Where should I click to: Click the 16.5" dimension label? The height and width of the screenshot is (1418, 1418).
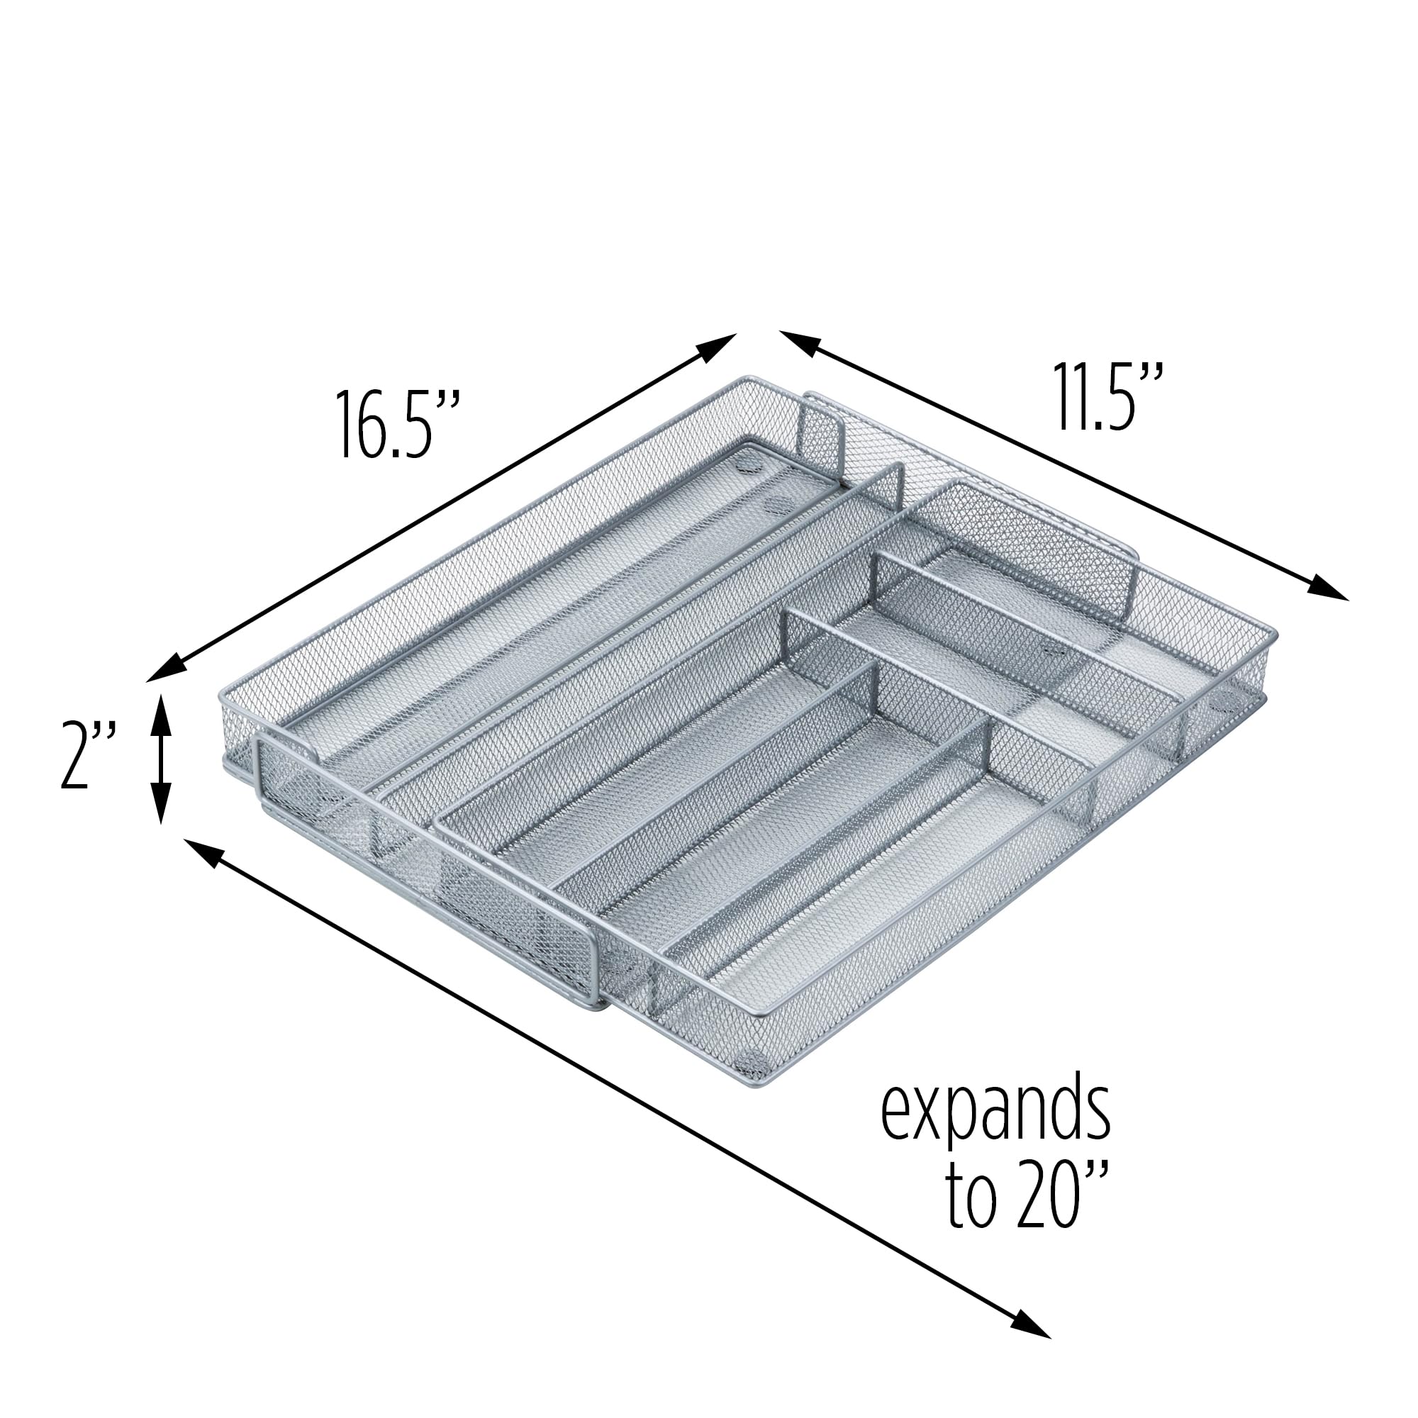point(397,425)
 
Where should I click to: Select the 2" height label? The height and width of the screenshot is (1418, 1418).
point(87,757)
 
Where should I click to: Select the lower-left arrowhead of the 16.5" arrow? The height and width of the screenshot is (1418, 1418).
point(166,669)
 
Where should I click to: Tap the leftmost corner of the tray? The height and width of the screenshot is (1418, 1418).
point(223,693)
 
